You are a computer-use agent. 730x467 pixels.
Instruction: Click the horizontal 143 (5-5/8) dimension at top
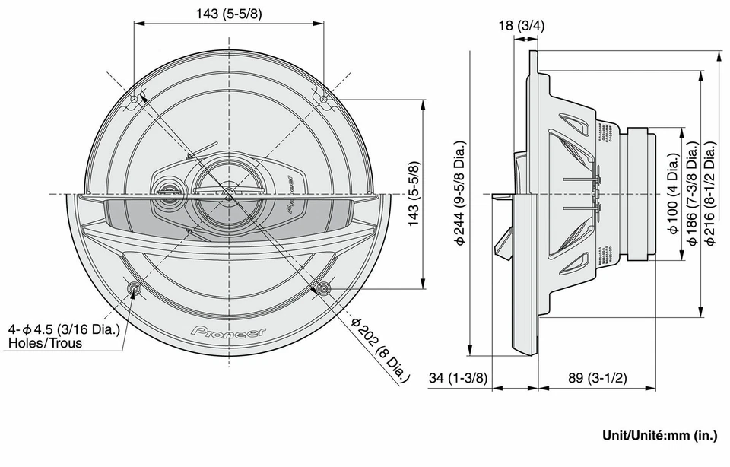pos(230,14)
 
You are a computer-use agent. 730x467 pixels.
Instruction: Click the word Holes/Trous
pos(45,343)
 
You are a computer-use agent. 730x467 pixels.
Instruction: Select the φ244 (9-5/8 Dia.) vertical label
pos(461,193)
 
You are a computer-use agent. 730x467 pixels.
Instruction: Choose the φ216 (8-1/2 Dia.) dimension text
pos(709,193)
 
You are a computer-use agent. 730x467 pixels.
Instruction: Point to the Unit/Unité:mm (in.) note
pos(659,436)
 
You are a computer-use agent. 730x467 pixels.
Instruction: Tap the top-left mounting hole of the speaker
pos(135,99)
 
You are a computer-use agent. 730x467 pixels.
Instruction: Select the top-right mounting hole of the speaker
pos(325,99)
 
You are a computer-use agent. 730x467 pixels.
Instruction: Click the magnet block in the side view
pos(641,193)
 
